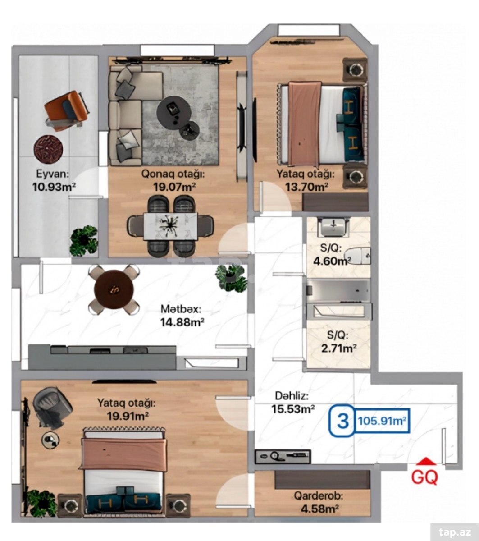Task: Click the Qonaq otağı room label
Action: click(x=173, y=174)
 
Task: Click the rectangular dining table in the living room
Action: click(x=171, y=226)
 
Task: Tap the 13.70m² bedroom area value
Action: click(x=306, y=187)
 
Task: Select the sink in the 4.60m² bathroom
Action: click(x=333, y=228)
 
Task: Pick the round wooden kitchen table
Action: click(x=114, y=290)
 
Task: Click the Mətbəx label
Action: click(x=181, y=309)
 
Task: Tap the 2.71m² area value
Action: click(x=339, y=348)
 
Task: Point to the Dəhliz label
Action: click(x=292, y=396)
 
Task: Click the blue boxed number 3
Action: click(x=342, y=421)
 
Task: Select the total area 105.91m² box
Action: click(x=382, y=421)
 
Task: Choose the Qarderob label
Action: click(x=319, y=496)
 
